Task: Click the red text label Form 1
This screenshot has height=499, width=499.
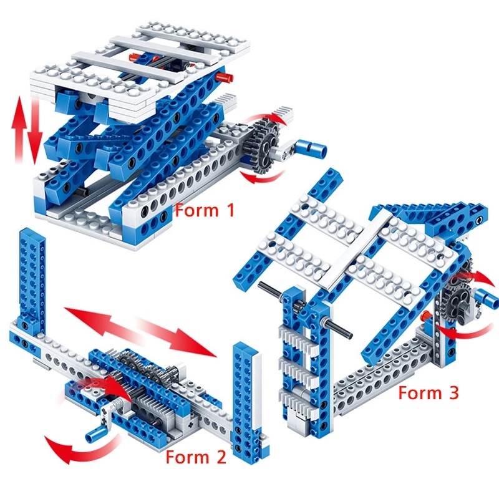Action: [x=205, y=210]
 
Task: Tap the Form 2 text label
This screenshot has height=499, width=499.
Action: [x=195, y=457]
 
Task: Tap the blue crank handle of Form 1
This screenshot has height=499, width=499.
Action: [x=312, y=147]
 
